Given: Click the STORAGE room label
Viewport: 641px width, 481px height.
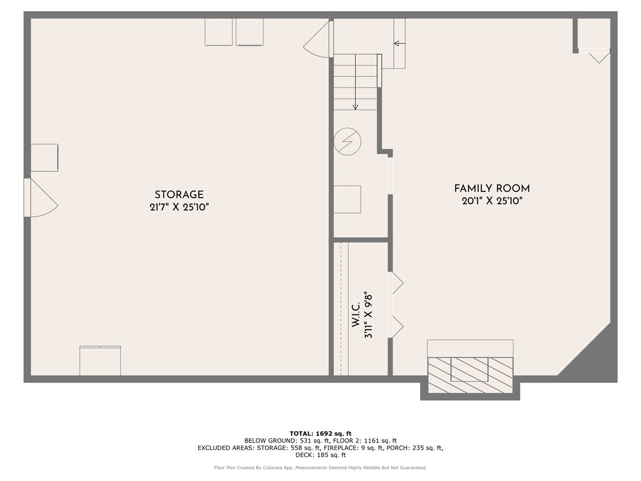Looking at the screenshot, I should [x=179, y=195].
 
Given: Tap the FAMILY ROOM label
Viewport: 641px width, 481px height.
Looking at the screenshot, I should [x=492, y=189].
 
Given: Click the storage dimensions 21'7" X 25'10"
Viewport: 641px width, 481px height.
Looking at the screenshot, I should [x=179, y=207].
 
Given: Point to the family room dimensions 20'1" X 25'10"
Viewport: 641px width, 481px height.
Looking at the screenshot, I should [x=492, y=201].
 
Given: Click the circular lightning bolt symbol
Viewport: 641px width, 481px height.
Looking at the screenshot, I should [x=347, y=142].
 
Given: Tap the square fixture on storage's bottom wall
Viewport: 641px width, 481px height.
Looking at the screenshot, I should [x=100, y=361].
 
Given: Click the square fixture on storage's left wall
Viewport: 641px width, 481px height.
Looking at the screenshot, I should [x=44, y=158].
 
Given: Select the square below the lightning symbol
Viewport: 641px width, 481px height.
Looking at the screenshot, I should [x=347, y=199].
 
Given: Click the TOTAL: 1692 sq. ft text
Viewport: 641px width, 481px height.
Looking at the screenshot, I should [x=320, y=433].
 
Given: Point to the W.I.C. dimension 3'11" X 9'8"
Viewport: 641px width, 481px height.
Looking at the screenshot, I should [x=368, y=315].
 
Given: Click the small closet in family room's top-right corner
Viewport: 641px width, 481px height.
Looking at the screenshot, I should [x=593, y=35].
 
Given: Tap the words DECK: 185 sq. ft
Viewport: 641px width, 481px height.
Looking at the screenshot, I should [x=320, y=455].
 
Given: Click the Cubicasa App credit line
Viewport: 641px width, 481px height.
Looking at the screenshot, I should [x=320, y=468].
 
